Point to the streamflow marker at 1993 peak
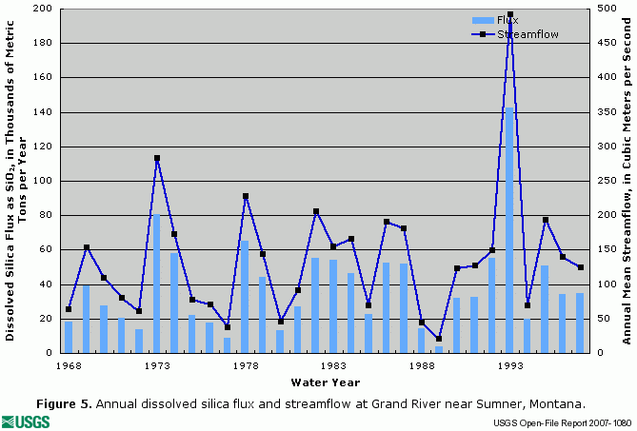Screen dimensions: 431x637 point(509,15)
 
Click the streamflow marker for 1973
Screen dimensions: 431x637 point(156,158)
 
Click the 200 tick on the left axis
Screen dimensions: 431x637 point(43,9)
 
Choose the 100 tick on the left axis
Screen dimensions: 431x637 point(43,181)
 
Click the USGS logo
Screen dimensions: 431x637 point(28,421)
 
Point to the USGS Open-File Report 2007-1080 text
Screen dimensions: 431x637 point(561,421)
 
